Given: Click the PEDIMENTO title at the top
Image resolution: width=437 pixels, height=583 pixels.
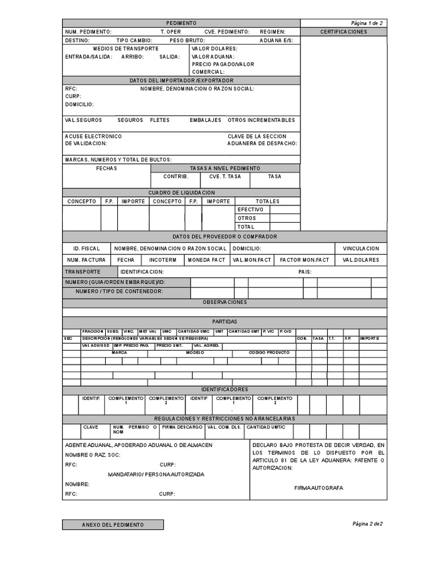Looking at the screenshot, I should (x=182, y=23).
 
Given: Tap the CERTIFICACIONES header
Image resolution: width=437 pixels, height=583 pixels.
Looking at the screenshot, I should (x=344, y=32).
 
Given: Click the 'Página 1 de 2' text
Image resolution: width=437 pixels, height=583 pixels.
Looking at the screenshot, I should (x=367, y=23).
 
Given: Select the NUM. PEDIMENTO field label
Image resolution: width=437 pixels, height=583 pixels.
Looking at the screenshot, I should (x=88, y=32).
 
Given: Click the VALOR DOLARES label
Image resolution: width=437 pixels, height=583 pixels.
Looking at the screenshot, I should (x=215, y=48).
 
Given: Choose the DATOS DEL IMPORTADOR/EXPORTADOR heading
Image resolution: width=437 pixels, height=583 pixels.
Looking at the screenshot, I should (x=182, y=81).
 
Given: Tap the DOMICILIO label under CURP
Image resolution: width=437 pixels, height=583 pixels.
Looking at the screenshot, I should (x=80, y=105).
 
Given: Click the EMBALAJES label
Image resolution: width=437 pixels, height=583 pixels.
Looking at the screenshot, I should (x=205, y=120).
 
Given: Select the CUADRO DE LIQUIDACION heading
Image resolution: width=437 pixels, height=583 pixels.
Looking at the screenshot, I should (x=182, y=193).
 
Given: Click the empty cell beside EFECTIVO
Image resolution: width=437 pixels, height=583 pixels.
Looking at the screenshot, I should (x=285, y=210).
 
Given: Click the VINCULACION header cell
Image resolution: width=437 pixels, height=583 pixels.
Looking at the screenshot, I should (x=360, y=249).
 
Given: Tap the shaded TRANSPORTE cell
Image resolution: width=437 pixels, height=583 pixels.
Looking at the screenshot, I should (x=83, y=272).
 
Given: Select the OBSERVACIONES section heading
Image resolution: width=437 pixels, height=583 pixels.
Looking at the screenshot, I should (x=225, y=302).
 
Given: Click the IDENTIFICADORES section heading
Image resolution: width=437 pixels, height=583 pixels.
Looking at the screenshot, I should (x=225, y=389).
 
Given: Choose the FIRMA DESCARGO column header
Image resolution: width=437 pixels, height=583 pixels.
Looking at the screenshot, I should (x=182, y=426).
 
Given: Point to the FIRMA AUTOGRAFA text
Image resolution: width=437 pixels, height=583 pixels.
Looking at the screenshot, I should (x=319, y=488).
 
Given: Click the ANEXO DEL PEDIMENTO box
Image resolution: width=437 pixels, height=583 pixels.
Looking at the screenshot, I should (x=113, y=524).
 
